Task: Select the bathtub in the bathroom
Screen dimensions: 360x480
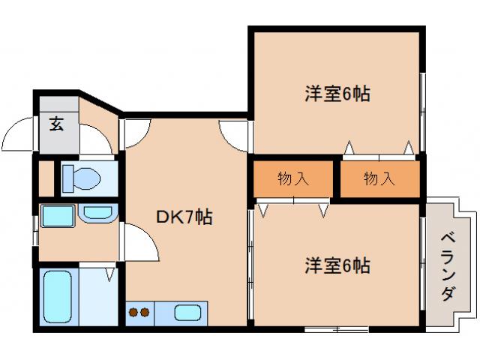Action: click(x=58, y=295)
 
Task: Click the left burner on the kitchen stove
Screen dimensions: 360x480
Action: click(x=133, y=312)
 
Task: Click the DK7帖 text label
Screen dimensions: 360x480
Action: click(x=184, y=217)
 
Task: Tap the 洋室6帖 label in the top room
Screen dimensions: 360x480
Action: click(x=337, y=94)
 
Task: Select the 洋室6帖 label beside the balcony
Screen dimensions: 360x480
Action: click(x=337, y=265)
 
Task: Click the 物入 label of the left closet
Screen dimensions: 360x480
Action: click(x=292, y=178)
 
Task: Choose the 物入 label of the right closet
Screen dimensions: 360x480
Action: click(x=379, y=178)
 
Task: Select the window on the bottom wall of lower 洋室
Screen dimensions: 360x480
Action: click(x=336, y=328)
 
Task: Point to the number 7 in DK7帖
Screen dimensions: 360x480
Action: click(x=187, y=217)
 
